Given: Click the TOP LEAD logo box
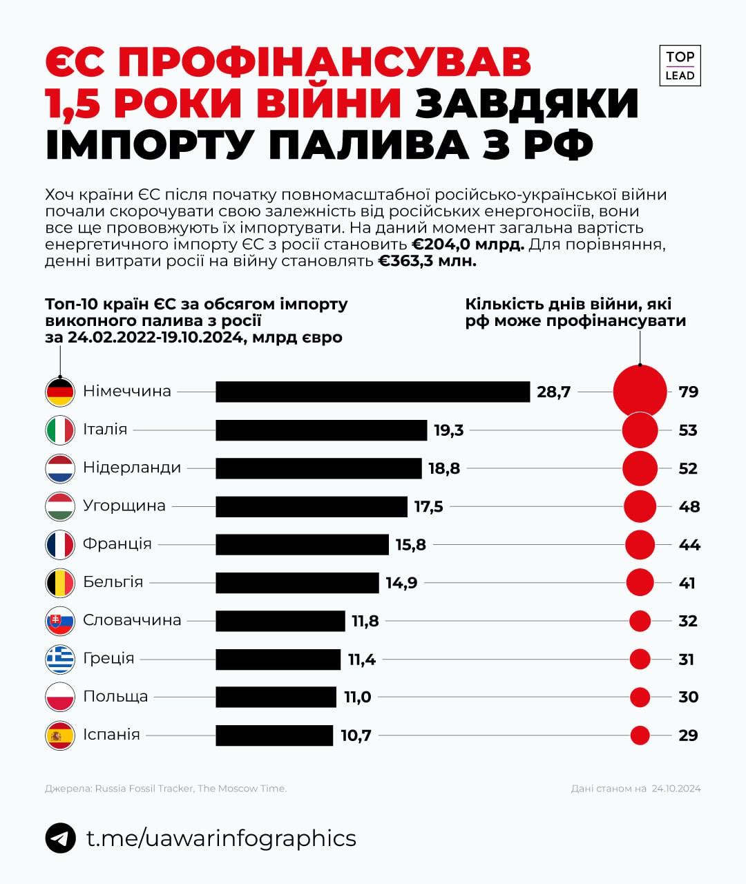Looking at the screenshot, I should pyautogui.click(x=680, y=66).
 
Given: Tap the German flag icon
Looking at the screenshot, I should pyautogui.click(x=60, y=392).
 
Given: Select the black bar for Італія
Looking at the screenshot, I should pyautogui.click(x=321, y=430).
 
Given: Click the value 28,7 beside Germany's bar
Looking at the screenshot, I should pyautogui.click(x=553, y=392).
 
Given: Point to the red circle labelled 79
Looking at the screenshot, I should pyautogui.click(x=640, y=392).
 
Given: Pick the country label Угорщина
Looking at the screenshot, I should pyautogui.click(x=124, y=506).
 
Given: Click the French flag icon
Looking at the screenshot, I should pyautogui.click(x=60, y=545).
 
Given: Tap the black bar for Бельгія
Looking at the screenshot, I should pyautogui.click(x=297, y=583).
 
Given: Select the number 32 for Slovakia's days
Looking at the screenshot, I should pyautogui.click(x=688, y=621).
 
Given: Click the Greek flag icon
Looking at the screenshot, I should pyautogui.click(x=60, y=660).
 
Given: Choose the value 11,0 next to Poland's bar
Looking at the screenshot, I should pyautogui.click(x=358, y=697).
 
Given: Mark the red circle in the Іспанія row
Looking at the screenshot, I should pyautogui.click(x=640, y=736).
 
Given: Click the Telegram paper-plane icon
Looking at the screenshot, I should pyautogui.click(x=60, y=838).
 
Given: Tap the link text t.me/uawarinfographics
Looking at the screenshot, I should pyautogui.click(x=221, y=838).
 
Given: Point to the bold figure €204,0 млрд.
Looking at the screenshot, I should pyautogui.click(x=468, y=244).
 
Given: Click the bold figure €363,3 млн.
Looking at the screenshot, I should pyautogui.click(x=427, y=261).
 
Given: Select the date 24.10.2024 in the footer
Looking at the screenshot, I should pyautogui.click(x=676, y=788).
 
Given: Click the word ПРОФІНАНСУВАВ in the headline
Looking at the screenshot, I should pyautogui.click(x=325, y=62).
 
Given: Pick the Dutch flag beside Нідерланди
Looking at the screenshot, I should pyautogui.click(x=60, y=468).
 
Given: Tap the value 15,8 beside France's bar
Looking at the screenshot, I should pyautogui.click(x=410, y=545).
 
